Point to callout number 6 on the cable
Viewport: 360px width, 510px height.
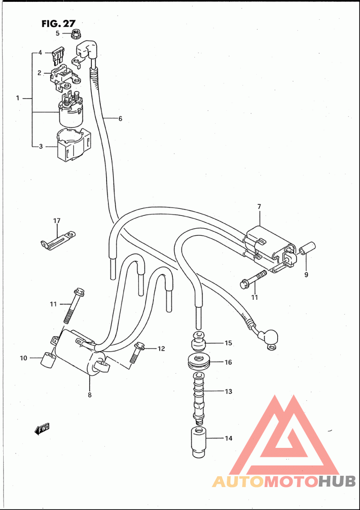120,119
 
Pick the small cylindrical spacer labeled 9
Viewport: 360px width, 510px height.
307,249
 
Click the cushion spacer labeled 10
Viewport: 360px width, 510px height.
47,360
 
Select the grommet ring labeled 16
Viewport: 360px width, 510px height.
199,361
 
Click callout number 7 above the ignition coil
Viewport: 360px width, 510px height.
259,207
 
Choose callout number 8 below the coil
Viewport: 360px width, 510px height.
90,395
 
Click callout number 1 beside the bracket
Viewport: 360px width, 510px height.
18,98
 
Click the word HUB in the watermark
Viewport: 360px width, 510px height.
337,482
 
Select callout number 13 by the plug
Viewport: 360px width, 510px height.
228,391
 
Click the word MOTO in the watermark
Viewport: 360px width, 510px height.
291,482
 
